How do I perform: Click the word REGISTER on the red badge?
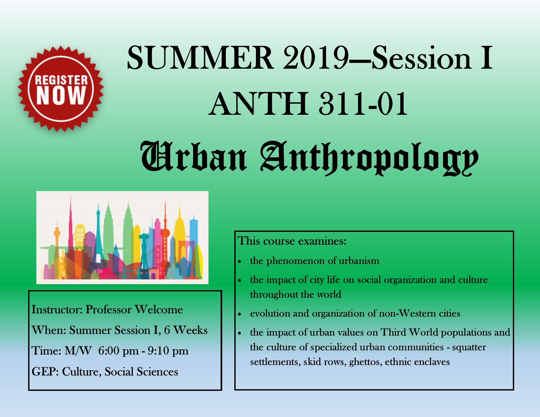[62, 80]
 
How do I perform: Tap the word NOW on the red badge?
[61, 96]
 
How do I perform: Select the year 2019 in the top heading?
[316, 58]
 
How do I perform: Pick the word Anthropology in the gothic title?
[369, 158]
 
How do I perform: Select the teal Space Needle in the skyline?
[144, 251]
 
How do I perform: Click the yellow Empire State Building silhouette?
[179, 236]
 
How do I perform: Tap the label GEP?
[45, 372]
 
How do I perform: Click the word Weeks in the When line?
[190, 330]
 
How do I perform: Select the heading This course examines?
[292, 241]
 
